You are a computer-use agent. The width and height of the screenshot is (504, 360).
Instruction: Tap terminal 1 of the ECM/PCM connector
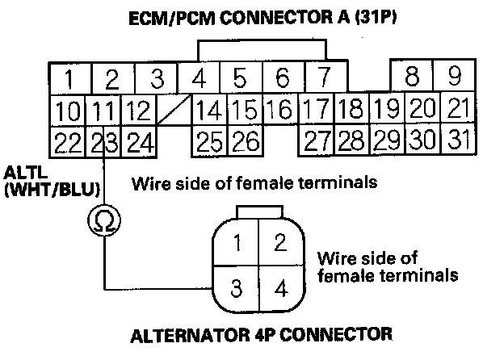[70, 79]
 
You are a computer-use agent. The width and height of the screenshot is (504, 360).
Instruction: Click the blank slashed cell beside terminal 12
[175, 109]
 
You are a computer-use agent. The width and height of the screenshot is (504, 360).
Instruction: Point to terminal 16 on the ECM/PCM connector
[279, 109]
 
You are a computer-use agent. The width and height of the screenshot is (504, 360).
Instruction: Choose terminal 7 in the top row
[322, 79]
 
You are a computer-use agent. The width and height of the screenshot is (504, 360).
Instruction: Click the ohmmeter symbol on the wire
[104, 219]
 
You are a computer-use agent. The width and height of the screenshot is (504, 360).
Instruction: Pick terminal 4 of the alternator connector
[281, 288]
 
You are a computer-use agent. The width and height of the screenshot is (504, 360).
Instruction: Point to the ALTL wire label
[22, 173]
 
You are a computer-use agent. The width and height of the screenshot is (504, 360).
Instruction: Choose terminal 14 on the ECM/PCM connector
[209, 109]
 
